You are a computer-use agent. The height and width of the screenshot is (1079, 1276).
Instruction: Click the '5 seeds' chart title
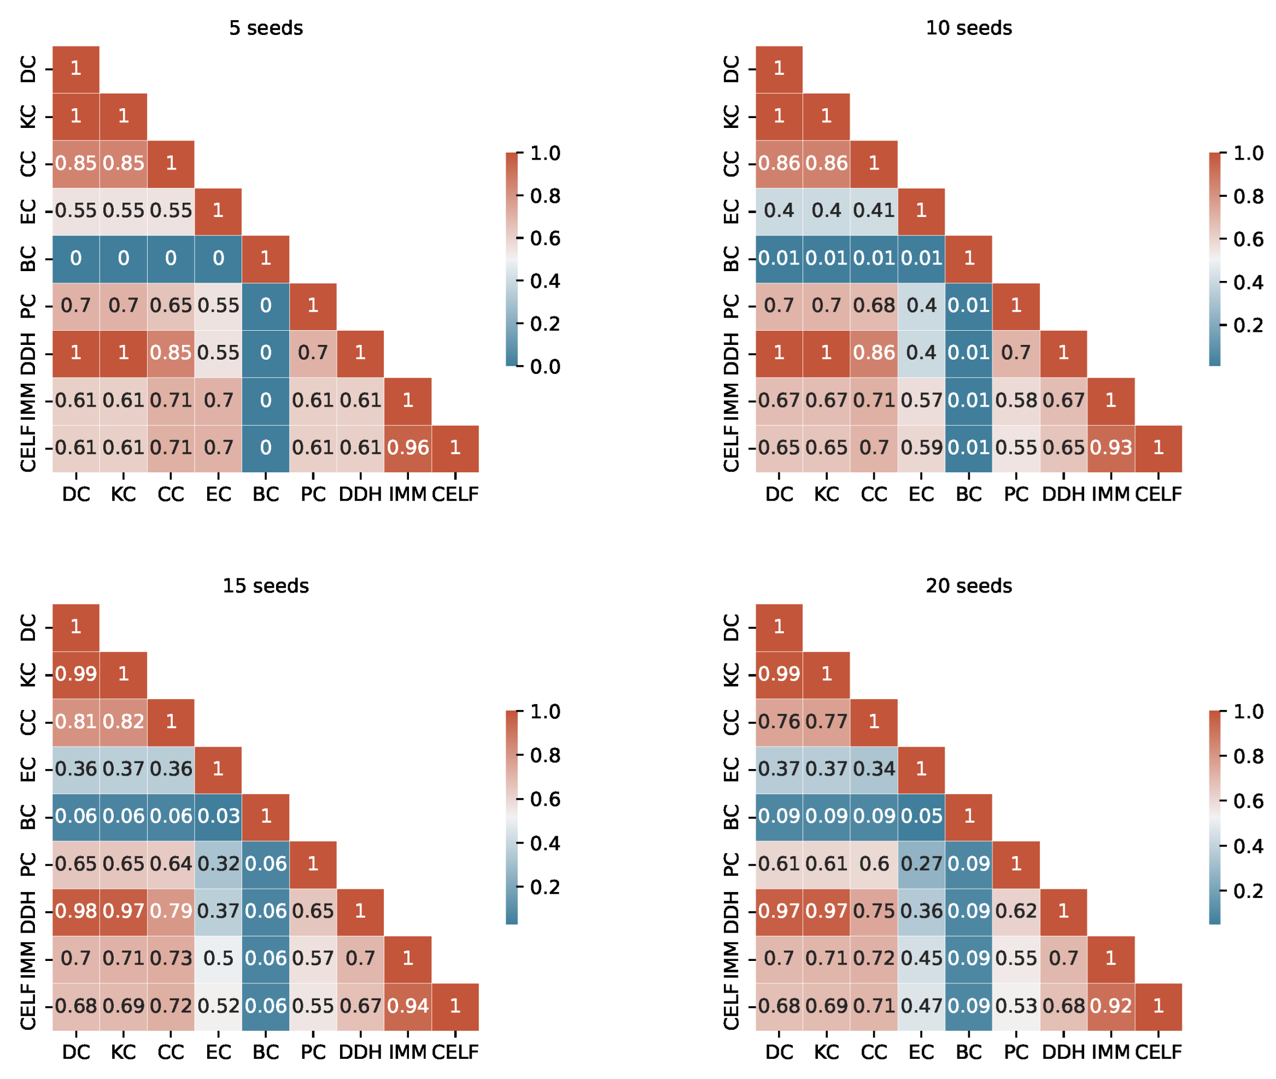tap(266, 28)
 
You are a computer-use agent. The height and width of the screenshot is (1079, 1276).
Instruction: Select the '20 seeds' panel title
tap(968, 586)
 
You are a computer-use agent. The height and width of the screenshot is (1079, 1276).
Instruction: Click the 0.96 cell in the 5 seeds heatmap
tap(407, 448)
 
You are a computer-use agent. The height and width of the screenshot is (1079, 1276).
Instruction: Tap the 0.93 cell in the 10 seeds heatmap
tap(1111, 448)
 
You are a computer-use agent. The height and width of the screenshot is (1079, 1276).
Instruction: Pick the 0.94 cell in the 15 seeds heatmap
tap(407, 1006)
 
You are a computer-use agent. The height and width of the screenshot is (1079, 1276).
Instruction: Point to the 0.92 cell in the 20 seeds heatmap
tap(1111, 1006)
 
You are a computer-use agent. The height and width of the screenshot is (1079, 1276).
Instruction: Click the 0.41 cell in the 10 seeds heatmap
tap(874, 211)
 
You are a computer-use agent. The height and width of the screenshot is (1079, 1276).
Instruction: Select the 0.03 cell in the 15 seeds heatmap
tap(218, 816)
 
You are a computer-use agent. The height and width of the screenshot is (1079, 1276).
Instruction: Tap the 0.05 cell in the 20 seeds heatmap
tap(921, 816)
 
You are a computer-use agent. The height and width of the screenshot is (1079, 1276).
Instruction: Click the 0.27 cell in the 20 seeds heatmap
tap(921, 864)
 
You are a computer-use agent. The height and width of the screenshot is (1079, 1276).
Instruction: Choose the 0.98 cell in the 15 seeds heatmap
tap(76, 911)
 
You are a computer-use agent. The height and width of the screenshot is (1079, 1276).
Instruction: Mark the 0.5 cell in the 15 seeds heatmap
tap(218, 959)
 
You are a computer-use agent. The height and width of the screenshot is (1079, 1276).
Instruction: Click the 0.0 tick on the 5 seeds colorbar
tap(545, 367)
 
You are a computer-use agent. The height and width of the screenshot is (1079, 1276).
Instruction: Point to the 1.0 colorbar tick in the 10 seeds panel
tap(1248, 153)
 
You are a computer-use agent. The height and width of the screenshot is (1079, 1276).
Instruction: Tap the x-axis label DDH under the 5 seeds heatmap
tap(360, 494)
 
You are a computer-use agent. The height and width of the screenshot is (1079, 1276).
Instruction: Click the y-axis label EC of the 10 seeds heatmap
tap(731, 211)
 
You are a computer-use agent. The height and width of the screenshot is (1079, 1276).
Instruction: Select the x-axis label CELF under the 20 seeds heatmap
tap(1158, 1052)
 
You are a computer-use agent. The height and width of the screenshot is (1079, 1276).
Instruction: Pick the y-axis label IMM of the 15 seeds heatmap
tap(28, 959)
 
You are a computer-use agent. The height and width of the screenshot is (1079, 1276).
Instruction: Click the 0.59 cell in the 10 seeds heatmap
tap(921, 448)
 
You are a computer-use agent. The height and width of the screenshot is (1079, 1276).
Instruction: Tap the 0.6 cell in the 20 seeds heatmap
tap(874, 864)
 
